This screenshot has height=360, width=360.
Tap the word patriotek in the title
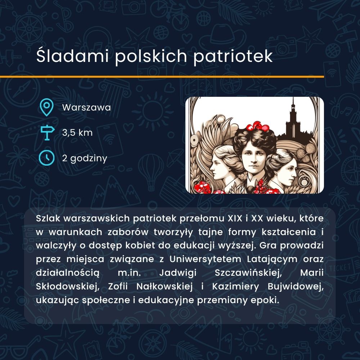233,56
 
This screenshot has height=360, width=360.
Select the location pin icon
46,107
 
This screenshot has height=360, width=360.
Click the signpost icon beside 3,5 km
47,133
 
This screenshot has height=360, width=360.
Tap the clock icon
46,158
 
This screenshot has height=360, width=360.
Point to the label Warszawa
86,107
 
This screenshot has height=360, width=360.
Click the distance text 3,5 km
77,133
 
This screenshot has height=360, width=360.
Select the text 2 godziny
85,158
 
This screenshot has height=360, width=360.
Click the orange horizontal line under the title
162,77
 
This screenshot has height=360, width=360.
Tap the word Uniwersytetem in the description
206,259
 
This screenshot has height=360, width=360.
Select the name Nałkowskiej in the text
165,287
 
